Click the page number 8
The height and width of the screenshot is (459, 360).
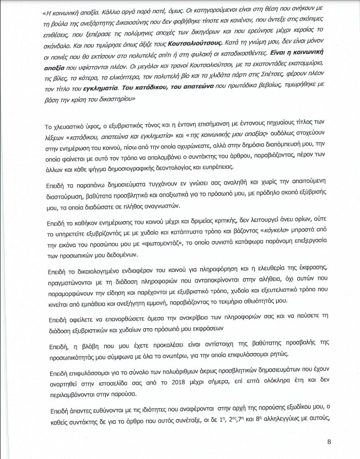coord(329,441)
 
